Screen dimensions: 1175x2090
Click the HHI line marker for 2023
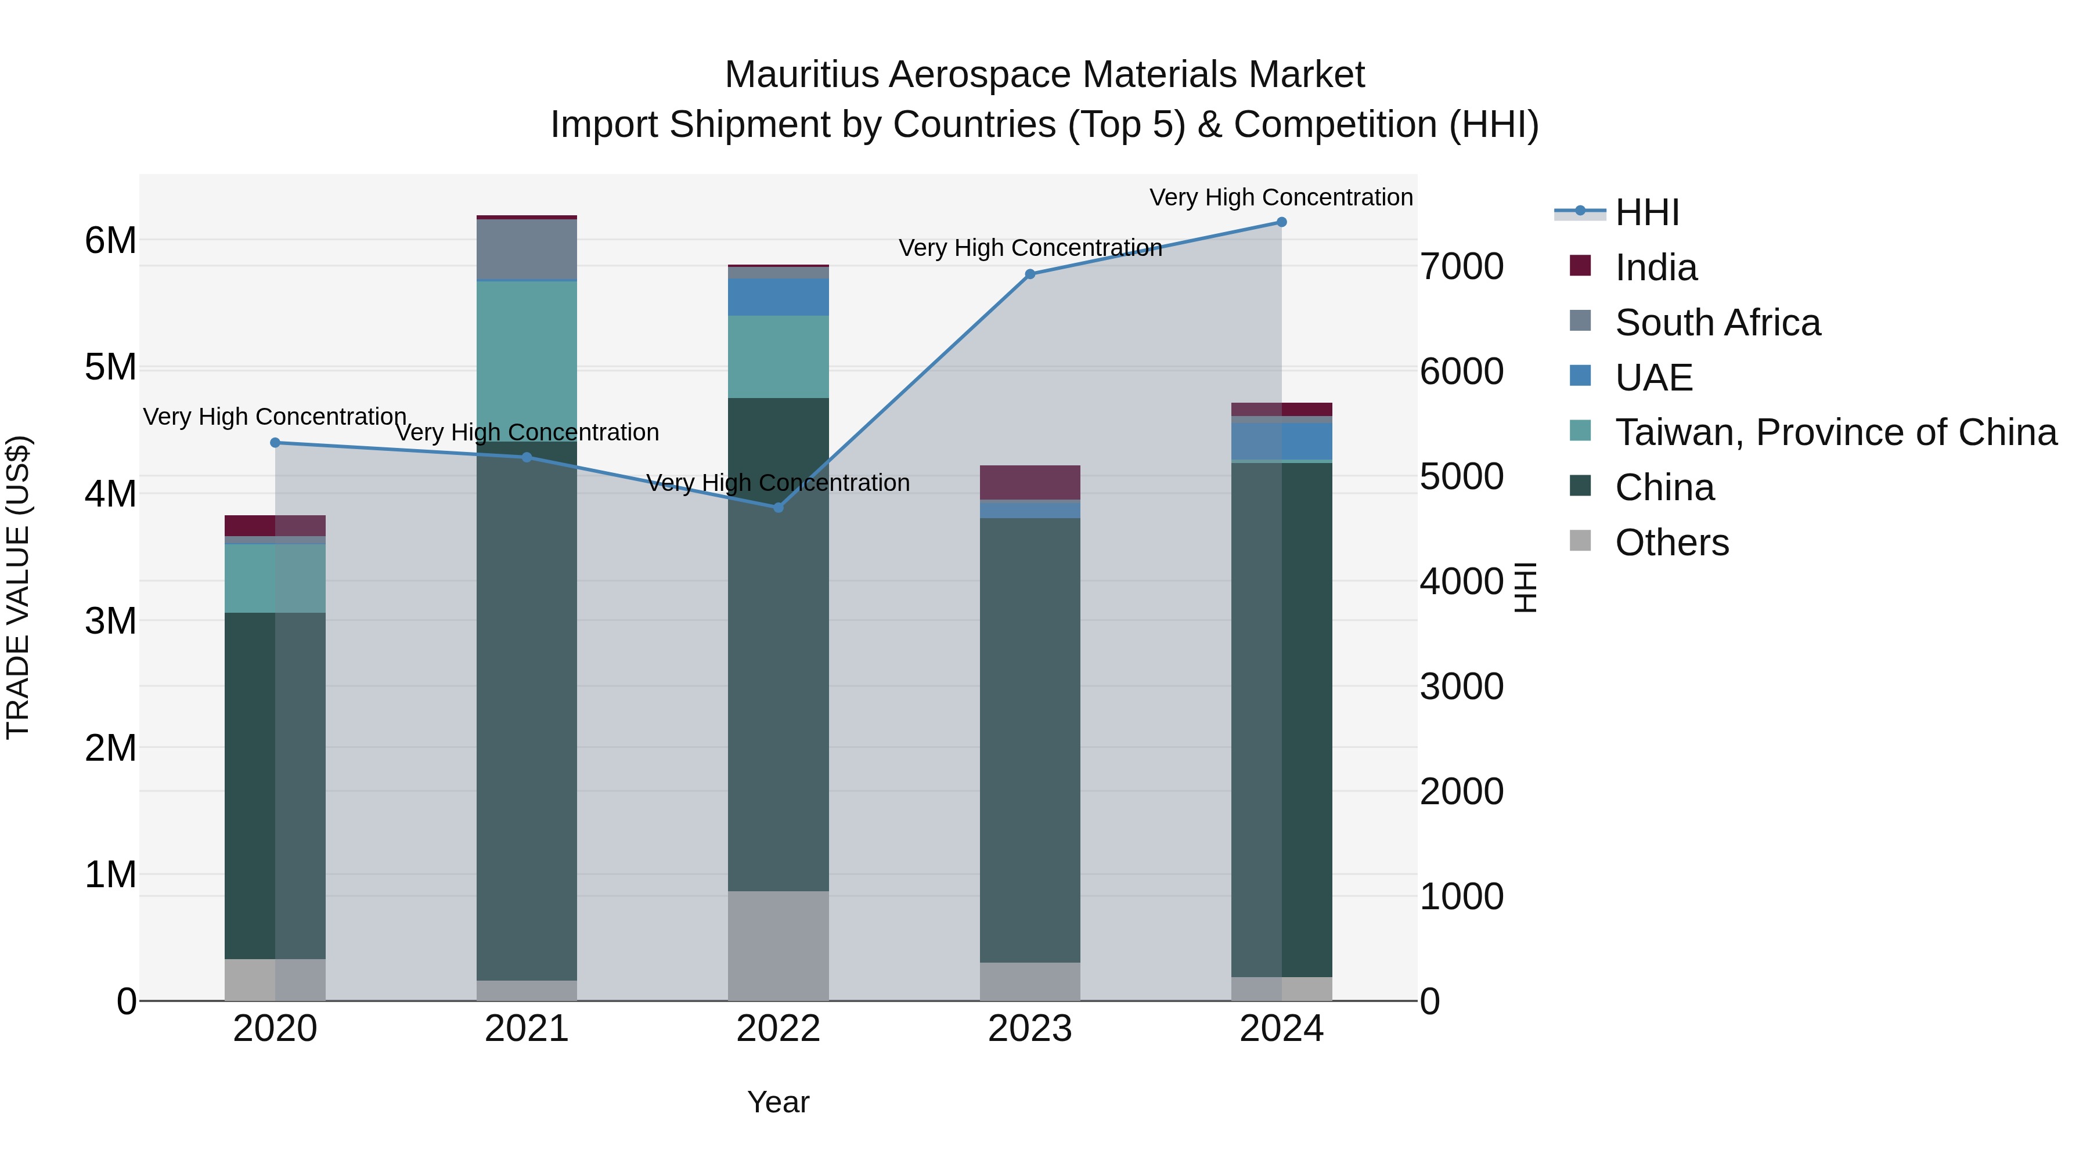point(1029,274)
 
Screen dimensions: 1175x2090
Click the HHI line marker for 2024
point(1281,222)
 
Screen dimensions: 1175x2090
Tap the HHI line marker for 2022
point(778,508)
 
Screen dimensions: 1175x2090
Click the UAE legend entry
point(1653,378)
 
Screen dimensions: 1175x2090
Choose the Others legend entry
point(1671,543)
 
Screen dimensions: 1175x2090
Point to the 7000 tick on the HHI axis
point(1461,267)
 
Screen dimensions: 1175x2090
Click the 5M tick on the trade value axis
point(110,367)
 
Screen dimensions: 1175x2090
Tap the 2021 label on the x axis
point(527,1029)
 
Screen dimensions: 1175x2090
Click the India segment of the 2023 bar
point(1029,483)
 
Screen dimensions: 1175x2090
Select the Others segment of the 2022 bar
point(778,946)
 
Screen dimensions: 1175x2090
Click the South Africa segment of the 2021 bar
point(527,249)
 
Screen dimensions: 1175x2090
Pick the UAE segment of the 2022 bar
point(778,297)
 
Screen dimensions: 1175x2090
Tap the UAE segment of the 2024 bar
point(1281,441)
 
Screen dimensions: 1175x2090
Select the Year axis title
point(778,1102)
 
